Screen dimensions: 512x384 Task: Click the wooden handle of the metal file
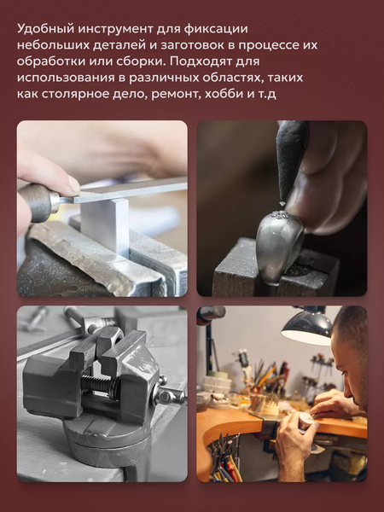[38, 201]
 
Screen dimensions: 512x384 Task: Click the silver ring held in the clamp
[277, 243]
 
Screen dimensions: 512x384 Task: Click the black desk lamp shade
[307, 326]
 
